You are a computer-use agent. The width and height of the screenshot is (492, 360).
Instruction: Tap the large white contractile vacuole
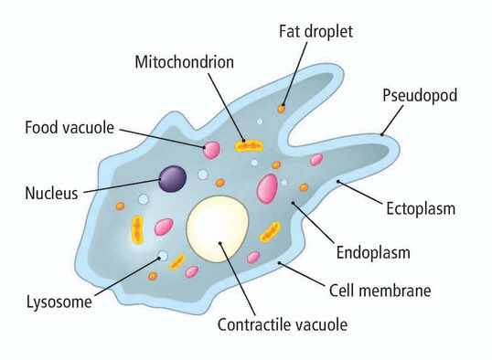pyautogui.click(x=218, y=227)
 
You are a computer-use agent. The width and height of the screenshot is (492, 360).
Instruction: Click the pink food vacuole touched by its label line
pyautogui.click(x=211, y=147)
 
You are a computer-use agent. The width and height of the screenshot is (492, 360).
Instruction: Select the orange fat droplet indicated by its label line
pyautogui.click(x=282, y=109)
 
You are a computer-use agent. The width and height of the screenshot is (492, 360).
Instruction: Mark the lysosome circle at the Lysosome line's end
pyautogui.click(x=162, y=256)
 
